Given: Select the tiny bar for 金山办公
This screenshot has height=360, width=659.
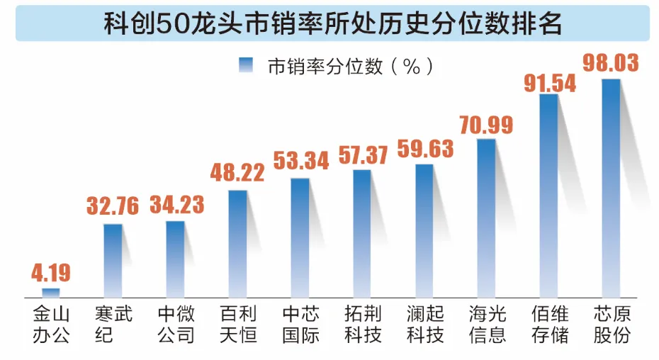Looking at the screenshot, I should coord(51,292).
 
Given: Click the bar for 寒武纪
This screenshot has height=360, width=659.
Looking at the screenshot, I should coord(113,260).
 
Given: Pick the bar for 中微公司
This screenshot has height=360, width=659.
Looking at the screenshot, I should coord(175,259).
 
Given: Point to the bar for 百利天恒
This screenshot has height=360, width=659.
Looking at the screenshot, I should coord(237,243).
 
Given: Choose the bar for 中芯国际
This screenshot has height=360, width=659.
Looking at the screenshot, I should coord(300,237).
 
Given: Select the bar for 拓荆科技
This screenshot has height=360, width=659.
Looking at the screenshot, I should coord(362,233).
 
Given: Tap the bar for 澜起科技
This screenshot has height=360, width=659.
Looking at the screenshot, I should coord(424,230).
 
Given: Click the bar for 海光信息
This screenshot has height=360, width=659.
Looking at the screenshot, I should coord(486,218).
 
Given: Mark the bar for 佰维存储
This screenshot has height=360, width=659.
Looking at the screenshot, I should coord(548,195).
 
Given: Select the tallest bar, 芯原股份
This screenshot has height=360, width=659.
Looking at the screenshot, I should coord(611,188).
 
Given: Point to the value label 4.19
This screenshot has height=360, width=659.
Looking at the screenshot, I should coord(51,273).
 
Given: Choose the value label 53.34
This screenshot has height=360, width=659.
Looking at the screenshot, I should coord(300,162).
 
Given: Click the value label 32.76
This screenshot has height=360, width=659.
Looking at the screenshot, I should coord(113,206).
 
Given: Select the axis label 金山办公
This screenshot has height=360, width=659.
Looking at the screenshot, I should coord(51,324).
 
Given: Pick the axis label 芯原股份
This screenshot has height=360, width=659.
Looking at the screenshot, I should coord(611,324).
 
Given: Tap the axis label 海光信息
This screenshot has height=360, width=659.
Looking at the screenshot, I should coord(487,324).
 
